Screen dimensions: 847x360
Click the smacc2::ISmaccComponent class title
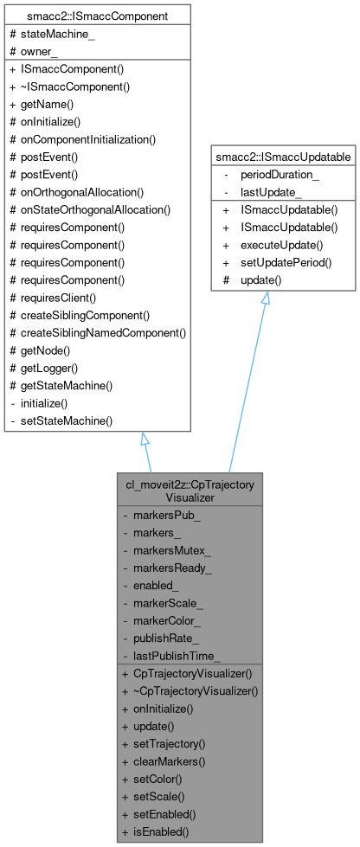(96, 16)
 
